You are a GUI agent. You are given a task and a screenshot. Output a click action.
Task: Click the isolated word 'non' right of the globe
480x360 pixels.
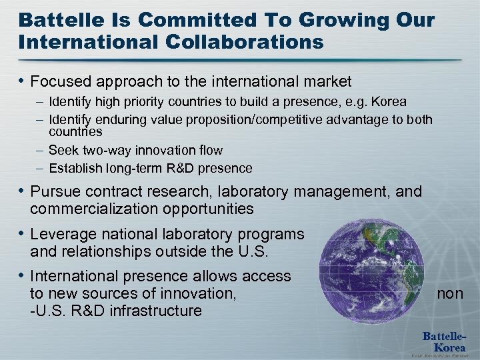click(450, 293)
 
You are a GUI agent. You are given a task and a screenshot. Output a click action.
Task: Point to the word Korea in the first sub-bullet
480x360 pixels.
click(387, 101)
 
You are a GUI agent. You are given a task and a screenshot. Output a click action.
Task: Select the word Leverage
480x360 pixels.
click(62, 235)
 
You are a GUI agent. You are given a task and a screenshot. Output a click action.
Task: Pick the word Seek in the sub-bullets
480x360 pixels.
click(63, 151)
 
